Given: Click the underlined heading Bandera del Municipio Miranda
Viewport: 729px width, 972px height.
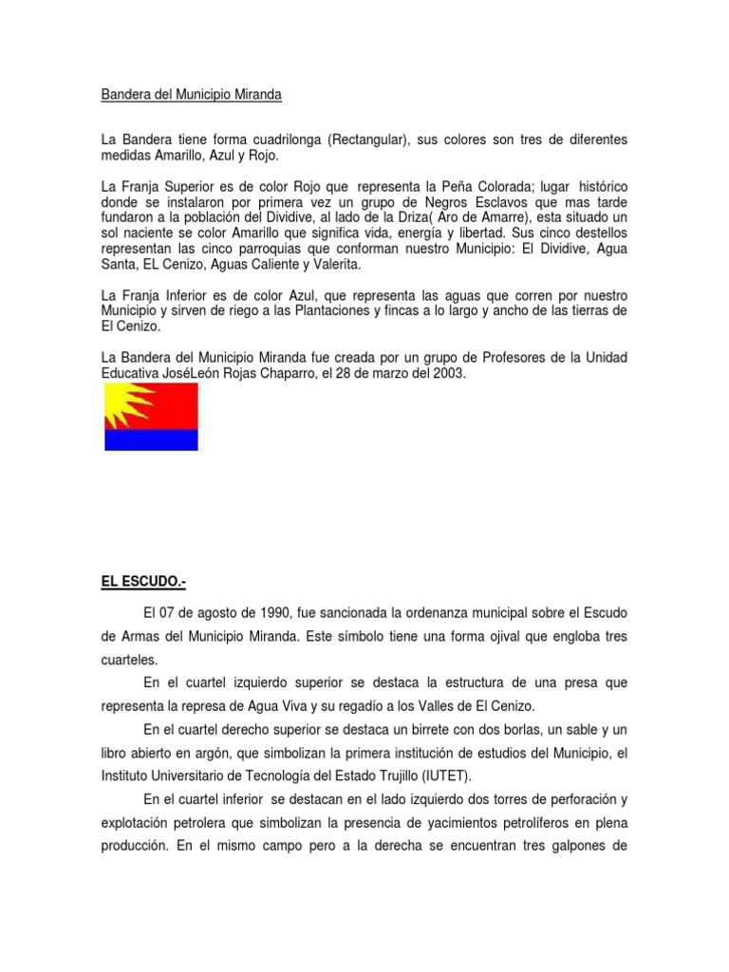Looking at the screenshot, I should click(193, 96).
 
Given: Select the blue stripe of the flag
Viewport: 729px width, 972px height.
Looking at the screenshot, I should click(150, 440).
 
